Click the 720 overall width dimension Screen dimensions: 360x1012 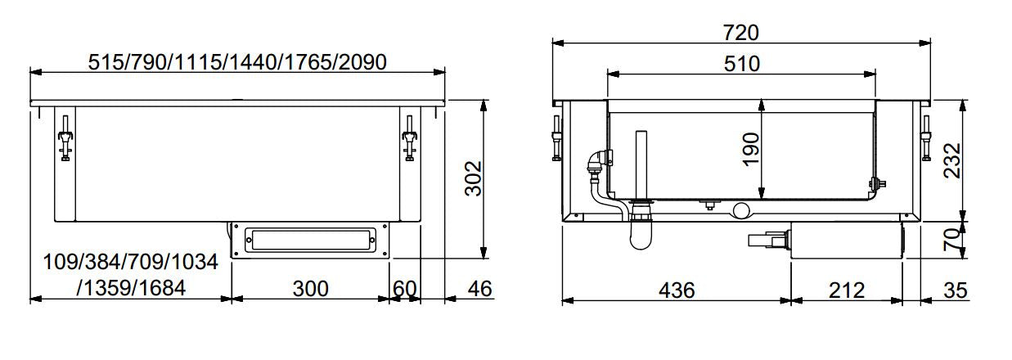pos(741,33)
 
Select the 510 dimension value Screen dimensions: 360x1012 pos(741,63)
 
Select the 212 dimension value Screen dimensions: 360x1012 pos(846,290)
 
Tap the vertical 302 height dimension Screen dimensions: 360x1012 pos(474,178)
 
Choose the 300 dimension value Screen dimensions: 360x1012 pos(310,288)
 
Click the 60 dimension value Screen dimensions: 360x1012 pos(404,288)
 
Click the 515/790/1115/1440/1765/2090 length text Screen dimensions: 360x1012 pos(236,61)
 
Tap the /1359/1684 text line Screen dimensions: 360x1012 pos(131,288)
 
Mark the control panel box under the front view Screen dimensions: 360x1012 pos(309,241)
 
